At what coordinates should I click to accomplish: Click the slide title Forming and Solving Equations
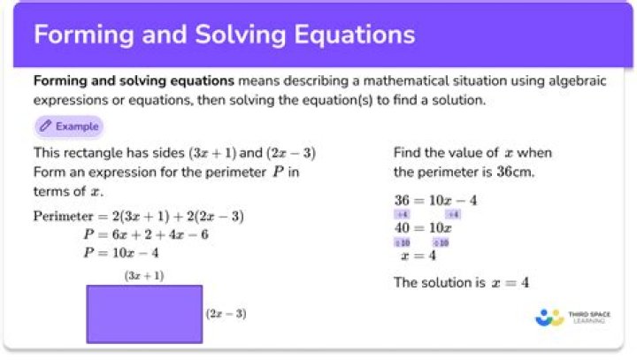pos(224,34)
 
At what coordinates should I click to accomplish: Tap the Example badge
pos(69,126)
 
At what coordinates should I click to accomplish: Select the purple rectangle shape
pos(144,313)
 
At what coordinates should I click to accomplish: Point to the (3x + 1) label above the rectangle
pos(144,276)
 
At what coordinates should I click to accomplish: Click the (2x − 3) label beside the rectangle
pos(226,313)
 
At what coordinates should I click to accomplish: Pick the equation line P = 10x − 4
pos(121,253)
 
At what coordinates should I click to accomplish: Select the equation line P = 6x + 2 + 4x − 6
pos(147,234)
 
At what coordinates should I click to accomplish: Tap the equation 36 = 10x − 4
pos(435,200)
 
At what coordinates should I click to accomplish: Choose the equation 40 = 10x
pos(423,227)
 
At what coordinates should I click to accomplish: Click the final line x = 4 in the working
pos(418,256)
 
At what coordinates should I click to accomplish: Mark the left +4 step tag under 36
pos(402,214)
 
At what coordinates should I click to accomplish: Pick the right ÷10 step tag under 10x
pos(441,242)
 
